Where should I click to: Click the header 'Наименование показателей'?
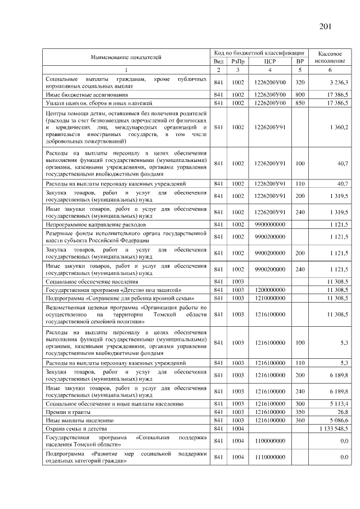pyautogui.click(x=126, y=57)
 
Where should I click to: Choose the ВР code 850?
pyautogui.click(x=300, y=103)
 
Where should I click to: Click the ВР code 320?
pyautogui.click(x=300, y=83)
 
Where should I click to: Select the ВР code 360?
pyautogui.click(x=300, y=420)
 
